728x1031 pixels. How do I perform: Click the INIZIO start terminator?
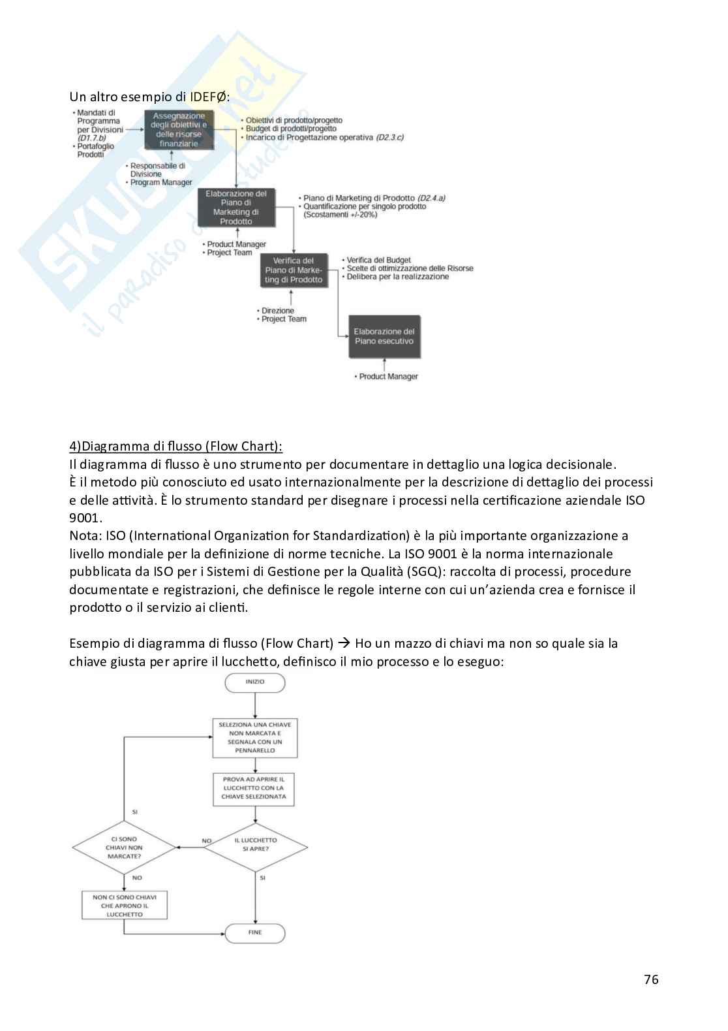[x=255, y=682]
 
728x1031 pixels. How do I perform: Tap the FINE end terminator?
[x=255, y=932]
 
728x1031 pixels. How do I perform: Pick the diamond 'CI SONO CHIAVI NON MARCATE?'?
[x=124, y=848]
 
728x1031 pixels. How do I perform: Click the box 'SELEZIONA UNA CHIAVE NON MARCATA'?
[x=255, y=738]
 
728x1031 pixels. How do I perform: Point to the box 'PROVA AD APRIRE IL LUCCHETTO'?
[x=254, y=788]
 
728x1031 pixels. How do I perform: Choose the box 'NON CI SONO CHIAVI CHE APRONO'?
[x=125, y=906]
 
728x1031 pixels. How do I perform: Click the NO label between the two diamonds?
[x=207, y=841]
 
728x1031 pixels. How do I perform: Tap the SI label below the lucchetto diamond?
[x=263, y=878]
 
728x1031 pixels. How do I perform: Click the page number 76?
[x=651, y=979]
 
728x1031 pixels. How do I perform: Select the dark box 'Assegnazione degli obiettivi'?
[x=179, y=129]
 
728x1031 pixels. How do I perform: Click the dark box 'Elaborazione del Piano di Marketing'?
[x=236, y=208]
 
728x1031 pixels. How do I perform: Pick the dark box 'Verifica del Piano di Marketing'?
[x=294, y=270]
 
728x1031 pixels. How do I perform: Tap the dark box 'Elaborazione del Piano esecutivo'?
[x=384, y=337]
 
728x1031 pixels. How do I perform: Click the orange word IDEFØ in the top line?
[x=207, y=97]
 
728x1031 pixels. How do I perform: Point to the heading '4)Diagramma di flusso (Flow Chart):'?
[x=175, y=447]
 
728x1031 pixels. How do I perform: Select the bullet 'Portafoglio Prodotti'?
[x=95, y=150]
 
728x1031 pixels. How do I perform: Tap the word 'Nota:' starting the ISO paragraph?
[x=85, y=536]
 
